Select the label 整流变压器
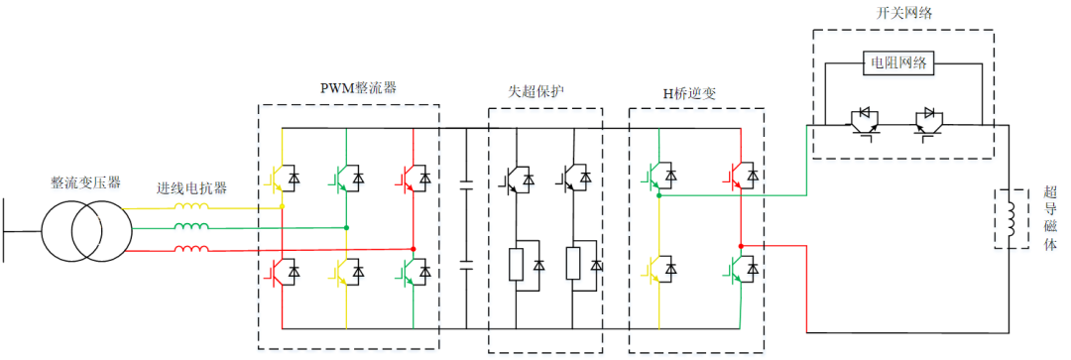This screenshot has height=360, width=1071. pos(86,182)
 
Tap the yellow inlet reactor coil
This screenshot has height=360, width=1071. pos(191,207)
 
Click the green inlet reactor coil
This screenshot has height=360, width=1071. pos(191,227)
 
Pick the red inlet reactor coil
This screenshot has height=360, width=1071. pos(191,248)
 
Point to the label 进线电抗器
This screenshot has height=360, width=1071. pos(190,188)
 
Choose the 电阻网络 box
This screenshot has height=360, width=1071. pos(898,62)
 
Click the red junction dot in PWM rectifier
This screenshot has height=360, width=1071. pos(413,248)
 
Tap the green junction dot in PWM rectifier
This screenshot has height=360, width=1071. pos(346,227)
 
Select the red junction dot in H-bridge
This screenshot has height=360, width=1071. pos(741,245)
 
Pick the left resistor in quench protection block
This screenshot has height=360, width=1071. pos(517,265)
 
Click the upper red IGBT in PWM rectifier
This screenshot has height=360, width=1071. pos(416,178)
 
